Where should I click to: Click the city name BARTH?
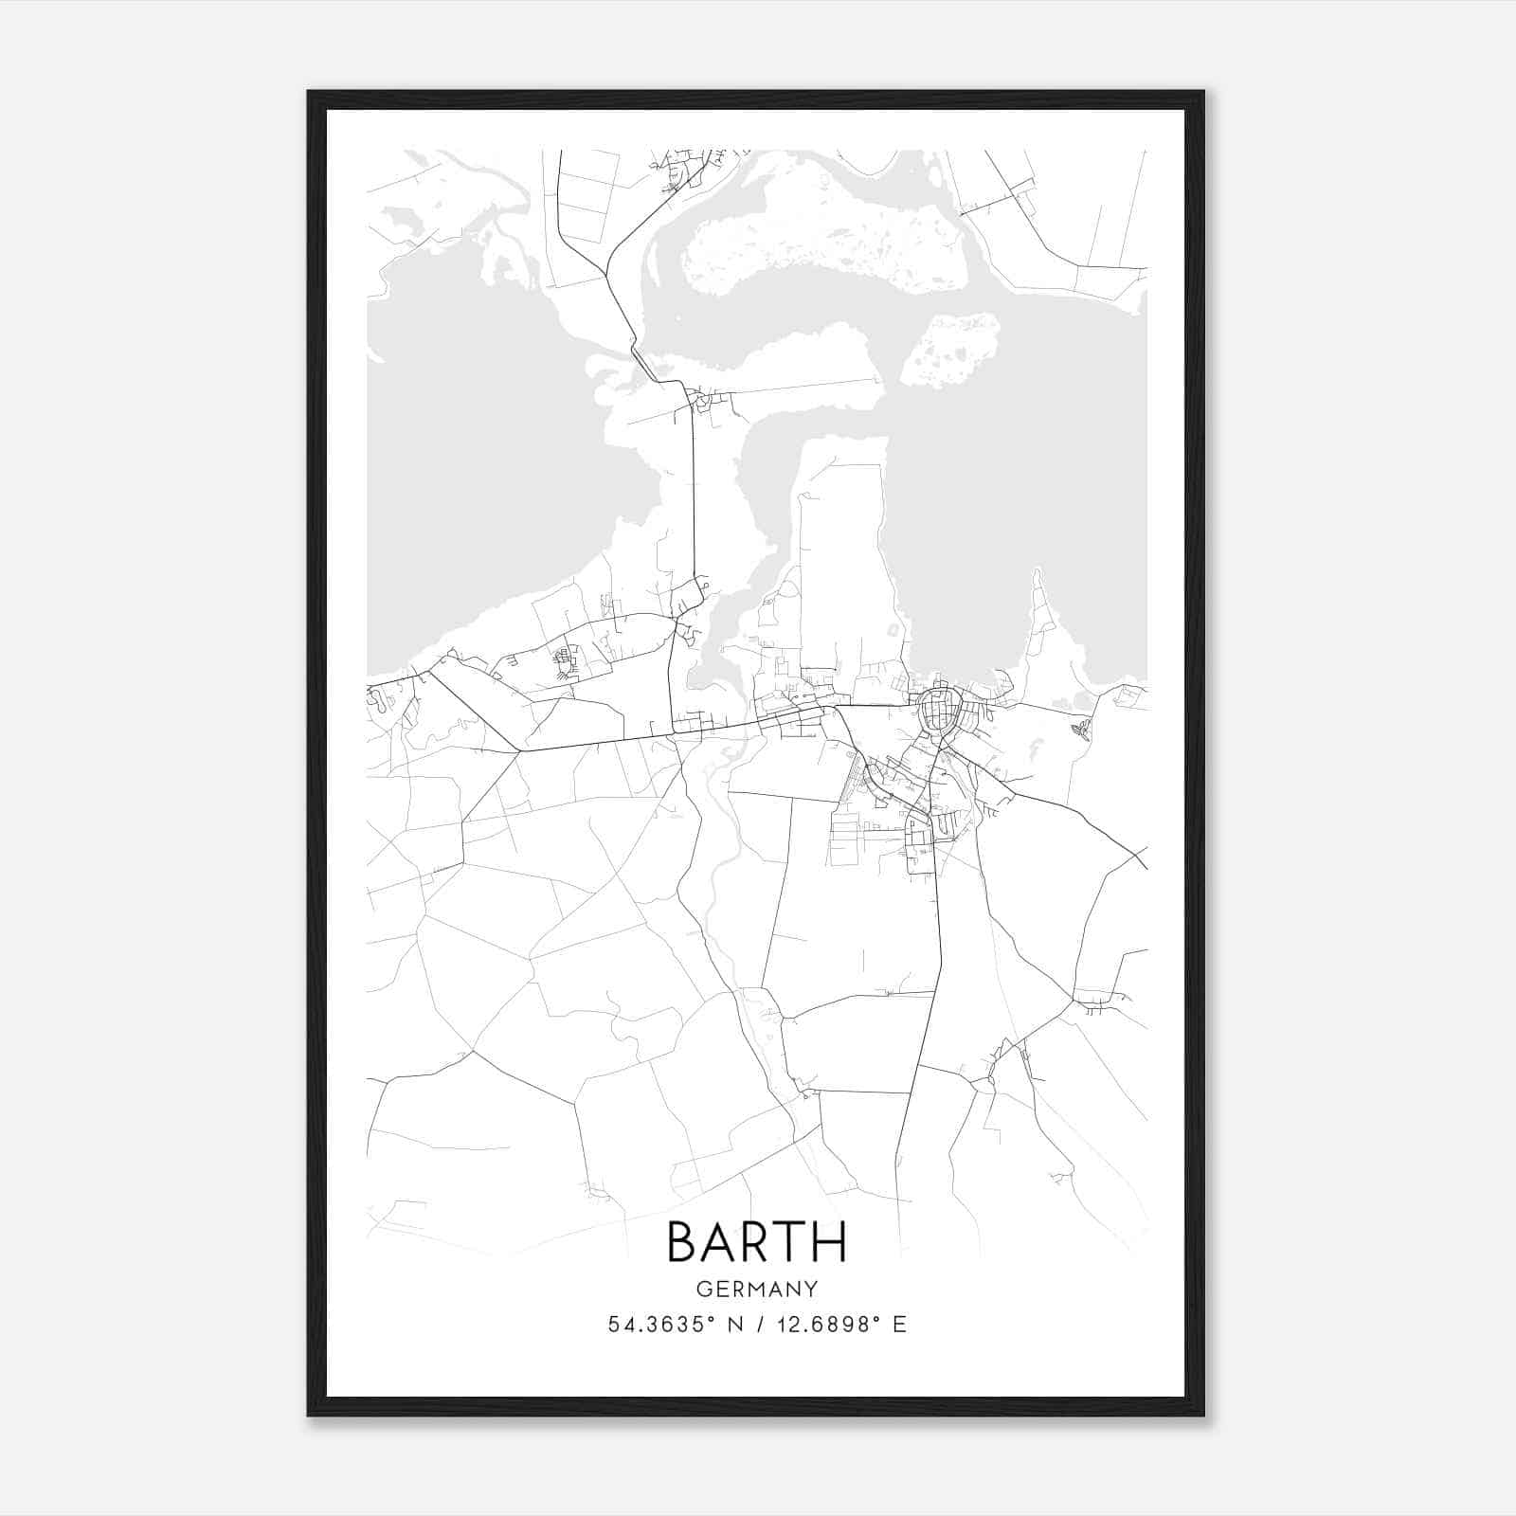[x=756, y=1242]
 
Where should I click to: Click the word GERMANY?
[x=756, y=1290]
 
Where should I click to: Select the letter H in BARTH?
[x=827, y=1242]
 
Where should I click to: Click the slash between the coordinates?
[x=757, y=1325]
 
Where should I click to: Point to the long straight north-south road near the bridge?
[x=694, y=493]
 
